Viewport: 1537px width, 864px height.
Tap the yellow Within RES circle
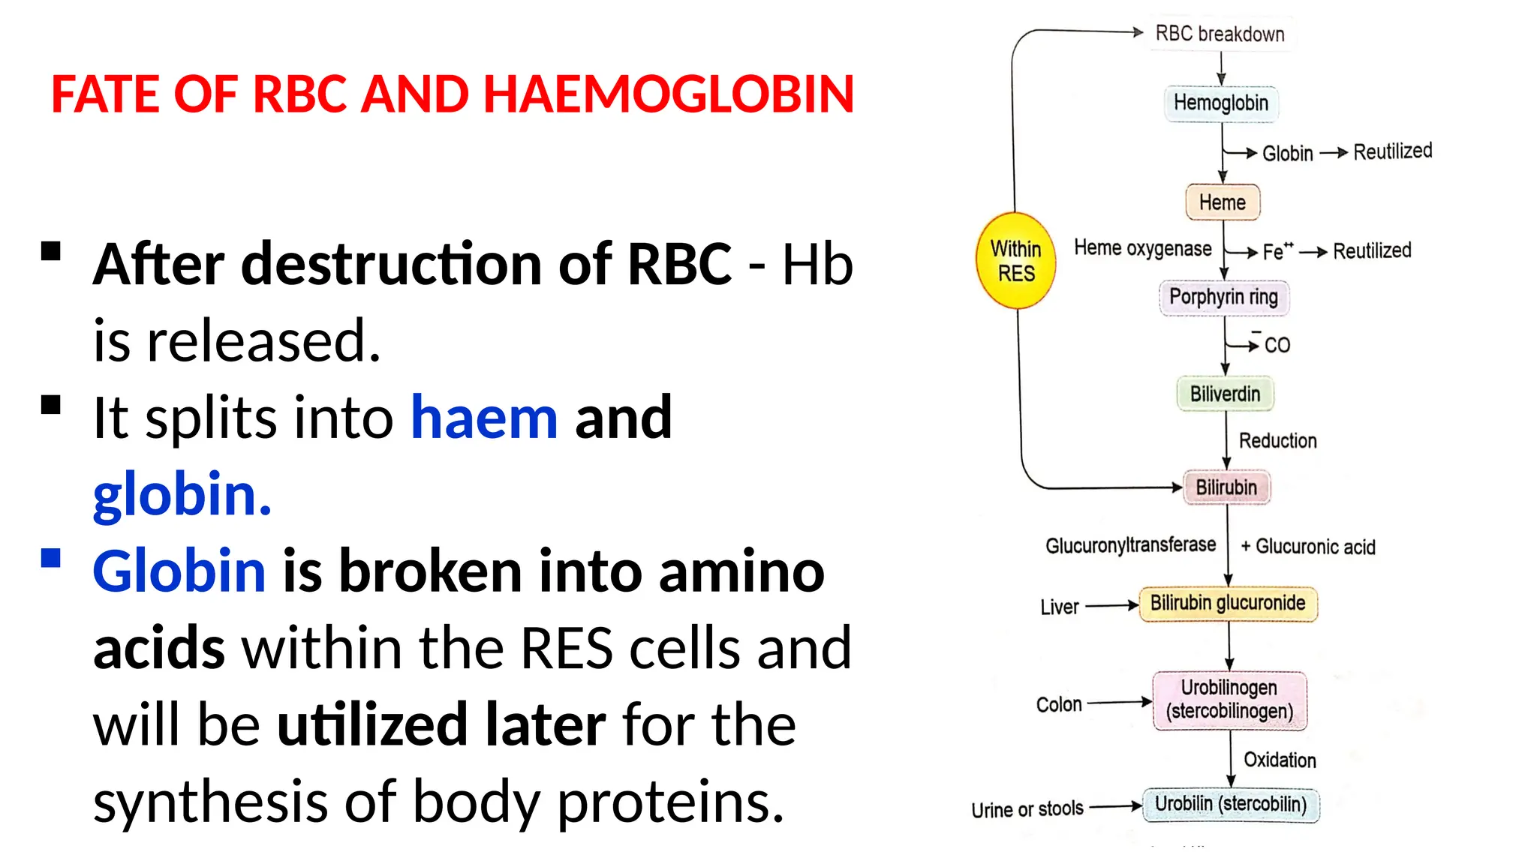tap(1015, 261)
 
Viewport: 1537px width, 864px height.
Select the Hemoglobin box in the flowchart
tap(1220, 103)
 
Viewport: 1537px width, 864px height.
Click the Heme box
tap(1222, 202)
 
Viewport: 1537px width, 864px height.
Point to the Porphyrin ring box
tap(1223, 297)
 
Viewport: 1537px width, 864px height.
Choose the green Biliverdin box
tap(1225, 394)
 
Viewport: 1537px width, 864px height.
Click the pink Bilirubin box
tap(1226, 487)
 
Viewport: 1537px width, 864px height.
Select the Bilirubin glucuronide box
tap(1228, 604)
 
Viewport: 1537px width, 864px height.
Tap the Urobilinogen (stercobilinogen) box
tap(1229, 700)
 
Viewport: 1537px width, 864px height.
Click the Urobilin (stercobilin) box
tap(1231, 805)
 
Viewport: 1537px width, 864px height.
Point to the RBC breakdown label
tap(1220, 34)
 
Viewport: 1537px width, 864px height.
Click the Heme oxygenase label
tap(1142, 248)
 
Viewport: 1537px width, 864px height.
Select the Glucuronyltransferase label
tap(1130, 545)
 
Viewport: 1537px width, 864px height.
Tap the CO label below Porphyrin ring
tap(1277, 345)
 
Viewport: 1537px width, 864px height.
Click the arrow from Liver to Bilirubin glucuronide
tap(1111, 605)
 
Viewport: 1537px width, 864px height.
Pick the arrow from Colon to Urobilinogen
tap(1119, 703)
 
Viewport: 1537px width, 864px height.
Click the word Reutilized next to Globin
tap(1392, 151)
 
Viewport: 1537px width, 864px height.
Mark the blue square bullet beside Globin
tap(51, 559)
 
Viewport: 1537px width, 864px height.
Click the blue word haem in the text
tap(484, 418)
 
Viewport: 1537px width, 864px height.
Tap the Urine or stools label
tap(1027, 810)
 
